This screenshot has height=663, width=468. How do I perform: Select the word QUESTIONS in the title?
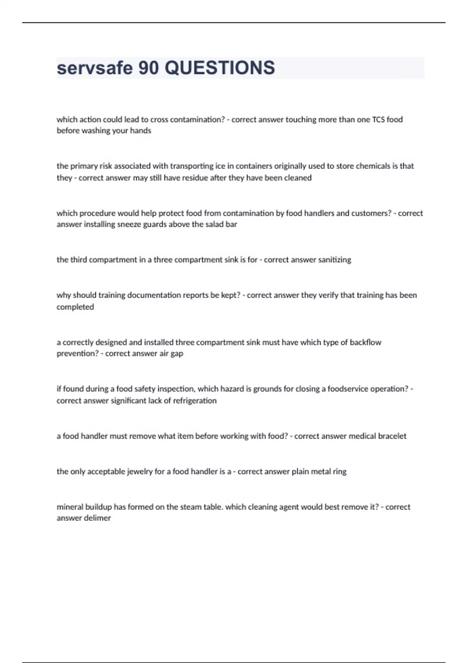click(x=220, y=68)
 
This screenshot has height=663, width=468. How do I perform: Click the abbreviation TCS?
click(x=378, y=119)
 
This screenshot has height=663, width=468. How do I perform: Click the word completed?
click(x=75, y=307)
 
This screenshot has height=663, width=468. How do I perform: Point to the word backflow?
click(x=365, y=342)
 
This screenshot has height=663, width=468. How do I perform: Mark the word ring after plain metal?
click(x=339, y=472)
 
